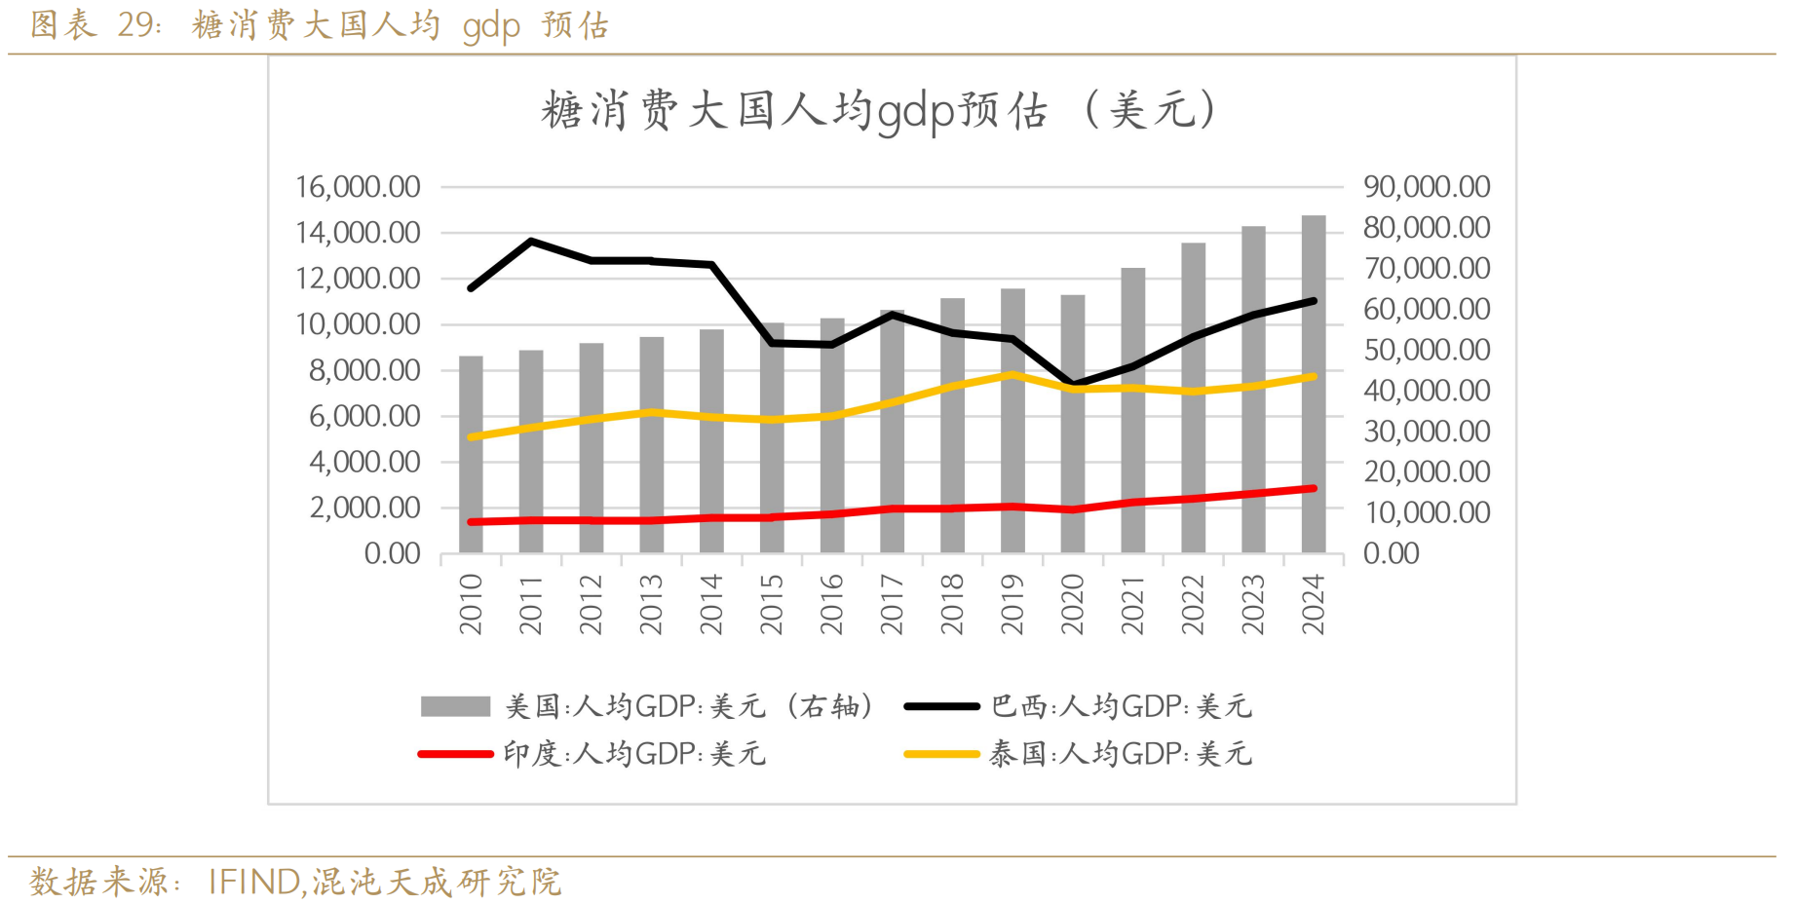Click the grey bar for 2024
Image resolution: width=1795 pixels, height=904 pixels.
[1313, 384]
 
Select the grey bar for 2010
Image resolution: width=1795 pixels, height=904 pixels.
[471, 454]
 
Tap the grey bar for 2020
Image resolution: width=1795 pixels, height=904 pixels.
[1072, 424]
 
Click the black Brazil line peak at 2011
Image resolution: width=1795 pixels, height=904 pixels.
[531, 241]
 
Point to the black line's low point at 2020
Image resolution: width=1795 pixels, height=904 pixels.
[1072, 384]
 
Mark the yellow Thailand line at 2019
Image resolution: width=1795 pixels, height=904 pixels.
[1012, 374]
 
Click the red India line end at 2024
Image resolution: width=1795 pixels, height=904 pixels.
[1314, 488]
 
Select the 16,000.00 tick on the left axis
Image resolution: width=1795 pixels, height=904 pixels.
[358, 187]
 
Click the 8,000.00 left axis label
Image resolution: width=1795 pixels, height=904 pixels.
[364, 370]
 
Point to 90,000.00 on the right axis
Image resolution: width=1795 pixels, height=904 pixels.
[1427, 187]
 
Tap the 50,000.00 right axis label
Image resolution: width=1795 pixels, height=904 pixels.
[1427, 350]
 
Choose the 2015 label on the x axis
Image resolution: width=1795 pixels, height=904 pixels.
[772, 604]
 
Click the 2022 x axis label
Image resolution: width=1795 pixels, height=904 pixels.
[1193, 604]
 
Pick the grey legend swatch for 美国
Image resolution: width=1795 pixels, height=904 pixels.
[455, 706]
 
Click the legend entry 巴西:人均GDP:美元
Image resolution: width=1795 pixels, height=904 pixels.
[1121, 706]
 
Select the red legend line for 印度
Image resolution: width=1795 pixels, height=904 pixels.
[455, 754]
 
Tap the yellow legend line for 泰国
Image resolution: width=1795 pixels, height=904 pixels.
[941, 754]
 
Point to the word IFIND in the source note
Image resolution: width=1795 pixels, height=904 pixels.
[253, 882]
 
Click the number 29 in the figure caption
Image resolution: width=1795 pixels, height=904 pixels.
[136, 24]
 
